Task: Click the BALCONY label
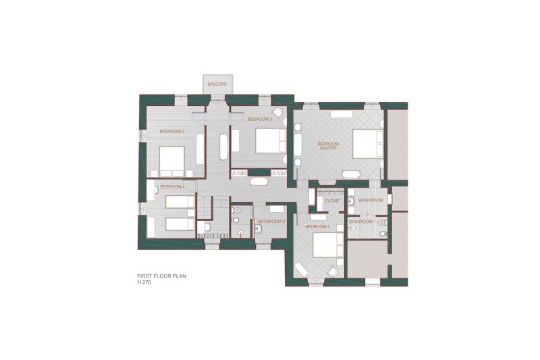pos(217,84)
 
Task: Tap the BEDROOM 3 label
pos(172,131)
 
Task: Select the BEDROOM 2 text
pos(260,119)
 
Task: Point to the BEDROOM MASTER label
pos(328,146)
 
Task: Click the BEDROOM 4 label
pos(173,186)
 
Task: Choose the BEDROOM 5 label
pos(317,227)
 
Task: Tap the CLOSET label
pos(333,200)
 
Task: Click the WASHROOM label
pos(371,200)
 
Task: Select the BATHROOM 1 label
pos(362,222)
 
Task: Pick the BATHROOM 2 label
pos(271,222)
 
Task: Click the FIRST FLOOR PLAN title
pos(161,276)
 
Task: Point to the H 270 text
pos(144,282)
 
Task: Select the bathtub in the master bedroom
pos(350,174)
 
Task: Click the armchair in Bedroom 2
pos(277,113)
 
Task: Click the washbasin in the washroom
pos(351,201)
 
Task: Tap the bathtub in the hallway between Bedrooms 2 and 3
pos(224,147)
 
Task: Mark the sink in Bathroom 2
pos(258,228)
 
